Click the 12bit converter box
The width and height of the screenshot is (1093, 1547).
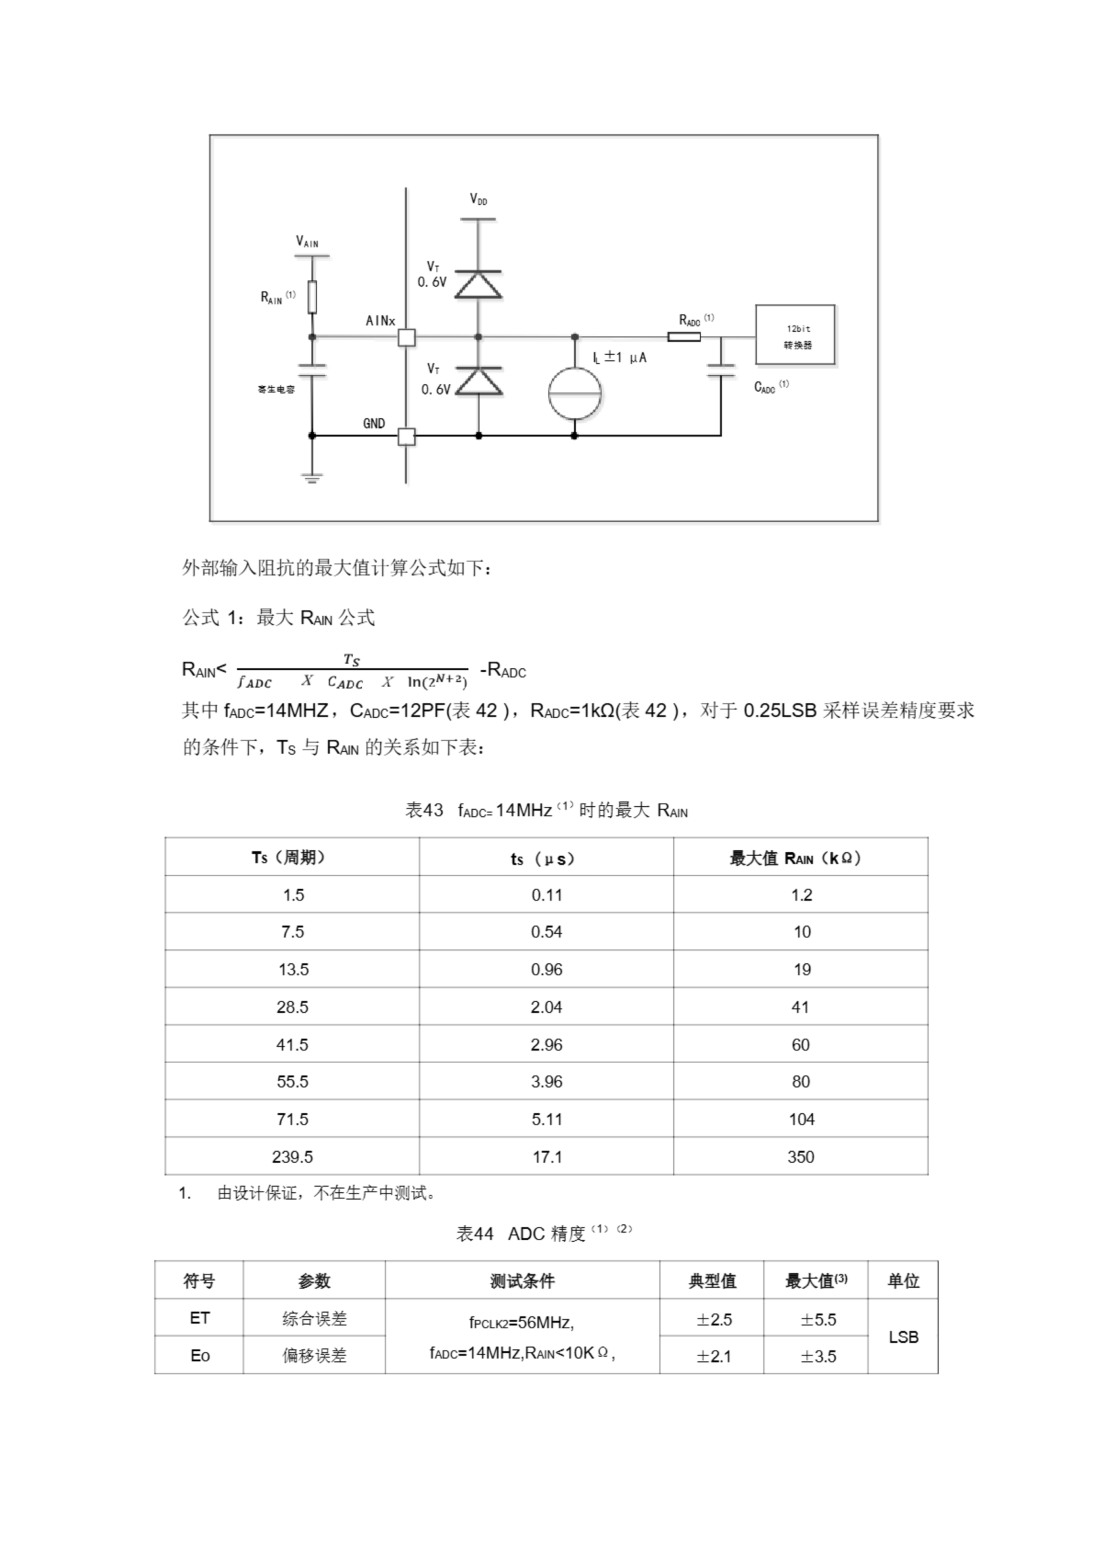click(795, 335)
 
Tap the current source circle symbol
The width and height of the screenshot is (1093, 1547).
click(574, 394)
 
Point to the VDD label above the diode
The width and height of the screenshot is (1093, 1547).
click(478, 199)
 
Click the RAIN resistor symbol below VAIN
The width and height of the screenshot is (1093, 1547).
click(312, 297)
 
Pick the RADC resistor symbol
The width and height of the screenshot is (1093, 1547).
click(684, 336)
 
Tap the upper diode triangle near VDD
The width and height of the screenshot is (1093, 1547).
click(478, 285)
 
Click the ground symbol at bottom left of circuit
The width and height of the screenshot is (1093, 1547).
click(311, 479)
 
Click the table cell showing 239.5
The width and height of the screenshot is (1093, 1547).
click(292, 1157)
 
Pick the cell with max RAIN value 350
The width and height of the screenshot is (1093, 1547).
click(801, 1157)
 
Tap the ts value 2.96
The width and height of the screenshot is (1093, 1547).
click(546, 1044)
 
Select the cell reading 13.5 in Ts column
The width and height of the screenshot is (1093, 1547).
click(293, 969)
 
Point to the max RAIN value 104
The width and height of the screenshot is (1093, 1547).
click(801, 1119)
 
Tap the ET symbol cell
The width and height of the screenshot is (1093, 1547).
click(199, 1318)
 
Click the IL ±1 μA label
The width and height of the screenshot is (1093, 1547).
click(620, 358)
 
